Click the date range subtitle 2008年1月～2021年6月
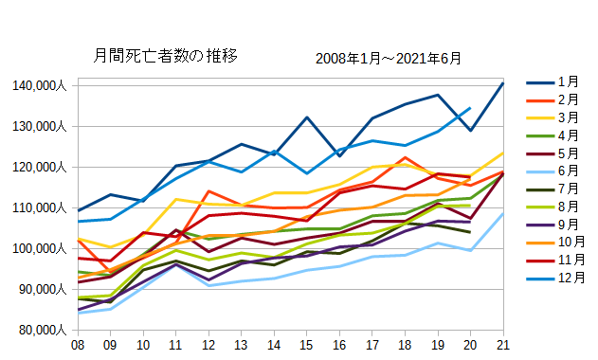[x=389, y=59]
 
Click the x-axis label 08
[x=78, y=345]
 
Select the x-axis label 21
[x=502, y=345]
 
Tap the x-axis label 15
[x=307, y=345]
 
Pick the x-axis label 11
[x=176, y=345]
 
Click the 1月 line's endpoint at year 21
[x=502, y=83]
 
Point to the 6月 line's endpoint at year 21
[x=502, y=213]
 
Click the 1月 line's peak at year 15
[x=307, y=117]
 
